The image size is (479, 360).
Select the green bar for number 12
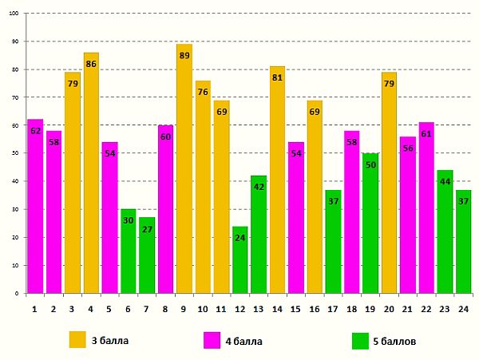tap(239, 259)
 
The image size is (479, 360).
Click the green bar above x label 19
tap(370, 223)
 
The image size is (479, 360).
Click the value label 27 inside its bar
tap(147, 229)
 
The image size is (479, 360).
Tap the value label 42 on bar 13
tap(258, 187)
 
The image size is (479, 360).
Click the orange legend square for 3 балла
tap(77, 340)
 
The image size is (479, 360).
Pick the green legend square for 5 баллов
tap(360, 341)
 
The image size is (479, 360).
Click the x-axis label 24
tap(463, 307)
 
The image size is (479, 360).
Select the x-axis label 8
tap(165, 307)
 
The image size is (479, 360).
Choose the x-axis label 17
tap(332, 307)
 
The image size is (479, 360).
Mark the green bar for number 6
tap(128, 251)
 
